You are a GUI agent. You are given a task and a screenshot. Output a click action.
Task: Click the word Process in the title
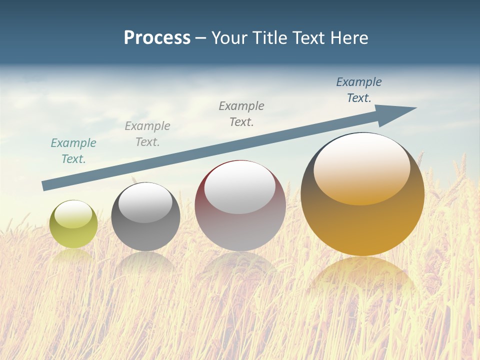coord(157,38)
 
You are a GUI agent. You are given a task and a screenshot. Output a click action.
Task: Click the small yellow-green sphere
coord(73,224)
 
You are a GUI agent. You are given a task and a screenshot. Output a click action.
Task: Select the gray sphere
coord(145,216)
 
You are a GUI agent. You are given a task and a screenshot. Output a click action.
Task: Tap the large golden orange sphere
coord(362,194)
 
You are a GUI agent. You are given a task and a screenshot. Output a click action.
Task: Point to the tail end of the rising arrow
coord(46,185)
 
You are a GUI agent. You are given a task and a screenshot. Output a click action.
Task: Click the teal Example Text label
coord(73,151)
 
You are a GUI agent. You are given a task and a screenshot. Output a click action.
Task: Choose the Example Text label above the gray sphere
coord(147,134)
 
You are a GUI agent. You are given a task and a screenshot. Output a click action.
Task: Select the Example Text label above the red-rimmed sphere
coord(241,114)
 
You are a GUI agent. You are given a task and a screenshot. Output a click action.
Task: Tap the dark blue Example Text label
coord(359,90)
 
